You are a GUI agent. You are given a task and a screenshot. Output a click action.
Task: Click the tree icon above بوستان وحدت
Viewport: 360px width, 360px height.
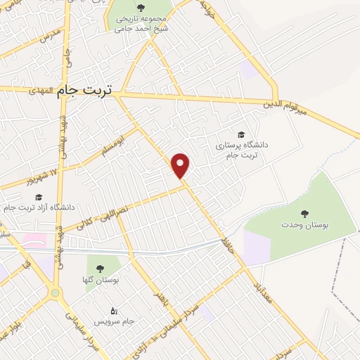pyautogui.click(x=304, y=214)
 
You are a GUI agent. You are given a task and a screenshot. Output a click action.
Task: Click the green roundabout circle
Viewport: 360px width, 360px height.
pyautogui.click(x=55, y=292)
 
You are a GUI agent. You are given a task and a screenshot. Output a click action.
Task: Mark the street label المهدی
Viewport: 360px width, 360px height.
pyautogui.click(x=41, y=91)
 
